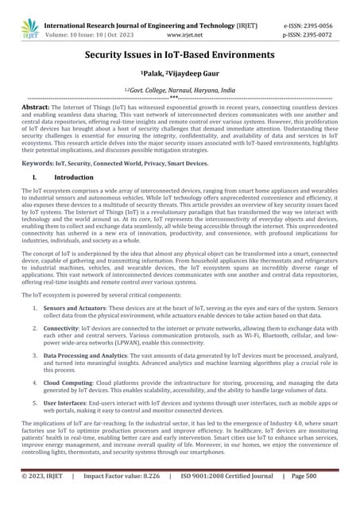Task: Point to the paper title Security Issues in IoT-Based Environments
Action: pyautogui.click(x=180, y=55)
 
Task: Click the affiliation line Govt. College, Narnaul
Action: pyautogui.click(x=180, y=91)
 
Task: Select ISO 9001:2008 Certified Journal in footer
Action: pyautogui.click(x=230, y=499)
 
